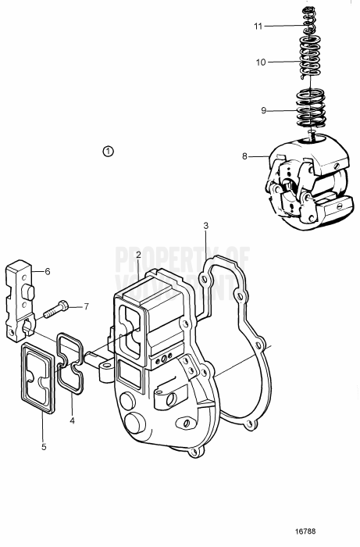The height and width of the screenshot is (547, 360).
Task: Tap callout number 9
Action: [x=264, y=111]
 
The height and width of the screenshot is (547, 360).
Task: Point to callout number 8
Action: [x=244, y=156]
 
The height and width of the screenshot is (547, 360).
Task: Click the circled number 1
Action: [x=108, y=150]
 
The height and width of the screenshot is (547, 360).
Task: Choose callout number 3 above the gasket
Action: [x=205, y=226]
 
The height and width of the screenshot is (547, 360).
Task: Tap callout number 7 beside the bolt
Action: [x=87, y=306]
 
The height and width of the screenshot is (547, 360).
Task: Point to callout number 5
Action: [x=45, y=446]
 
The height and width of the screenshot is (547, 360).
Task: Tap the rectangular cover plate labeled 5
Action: [x=38, y=377]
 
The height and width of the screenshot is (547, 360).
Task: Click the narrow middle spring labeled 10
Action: [x=310, y=63]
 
